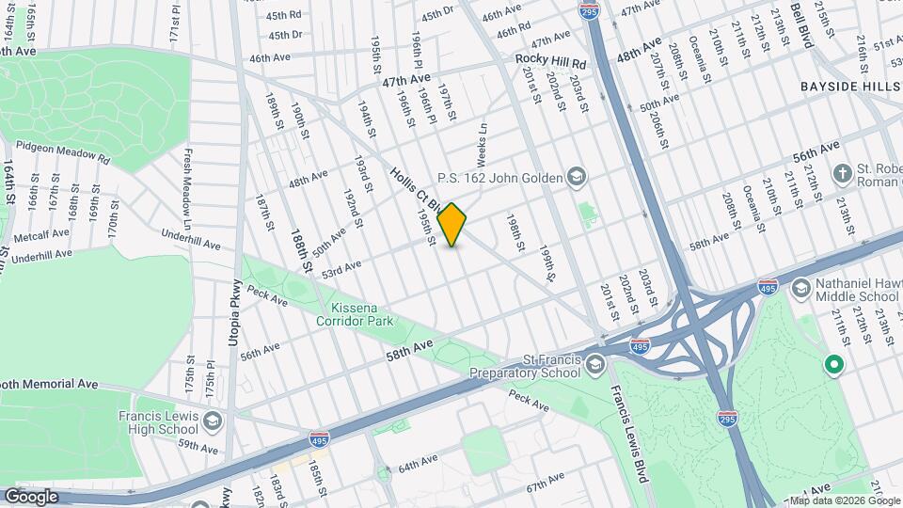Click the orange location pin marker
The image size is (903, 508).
pyautogui.click(x=452, y=225)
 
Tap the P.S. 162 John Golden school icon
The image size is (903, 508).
pyautogui.click(x=576, y=177)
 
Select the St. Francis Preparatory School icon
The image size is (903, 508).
pyautogui.click(x=594, y=364)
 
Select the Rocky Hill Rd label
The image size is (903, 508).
pyautogui.click(x=550, y=61)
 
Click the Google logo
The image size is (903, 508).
pyautogui.click(x=30, y=496)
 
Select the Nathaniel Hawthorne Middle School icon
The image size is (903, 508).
pyautogui.click(x=801, y=286)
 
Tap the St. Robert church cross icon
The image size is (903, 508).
pyautogui.click(x=843, y=174)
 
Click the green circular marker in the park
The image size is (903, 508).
pyautogui.click(x=832, y=364)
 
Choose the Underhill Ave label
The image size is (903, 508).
pyautogui.click(x=190, y=240)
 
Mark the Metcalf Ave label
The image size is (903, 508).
pyautogui.click(x=41, y=233)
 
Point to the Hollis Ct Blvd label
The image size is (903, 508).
pyautogui.click(x=414, y=188)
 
